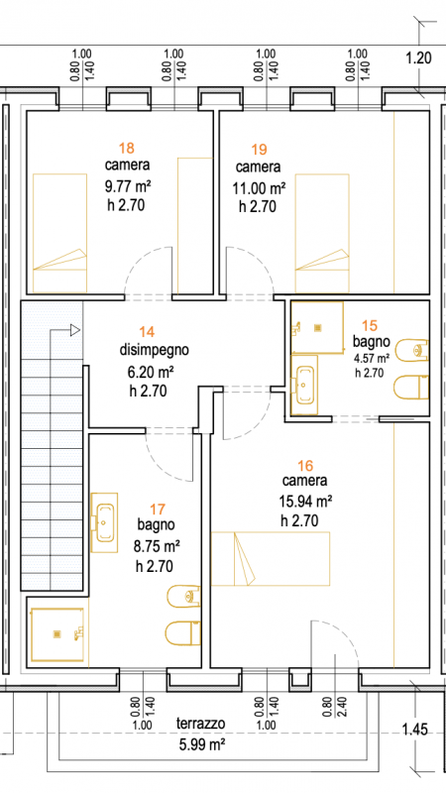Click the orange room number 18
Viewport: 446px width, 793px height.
(127, 148)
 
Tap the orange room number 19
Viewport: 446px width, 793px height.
(259, 150)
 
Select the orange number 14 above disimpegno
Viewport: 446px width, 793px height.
(147, 332)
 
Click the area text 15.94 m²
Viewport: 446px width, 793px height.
(305, 502)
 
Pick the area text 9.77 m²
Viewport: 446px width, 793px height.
(129, 187)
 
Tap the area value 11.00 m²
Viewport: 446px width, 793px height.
(259, 188)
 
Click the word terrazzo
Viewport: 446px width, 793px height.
(201, 724)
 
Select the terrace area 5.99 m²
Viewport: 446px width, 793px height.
(201, 744)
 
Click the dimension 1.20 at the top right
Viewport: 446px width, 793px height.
(419, 58)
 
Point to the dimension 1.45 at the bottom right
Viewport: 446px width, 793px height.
(415, 730)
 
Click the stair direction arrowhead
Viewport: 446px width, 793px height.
(75, 330)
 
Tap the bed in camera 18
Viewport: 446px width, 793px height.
(59, 233)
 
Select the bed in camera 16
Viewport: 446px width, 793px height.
(271, 558)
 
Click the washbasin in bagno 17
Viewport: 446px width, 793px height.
(105, 522)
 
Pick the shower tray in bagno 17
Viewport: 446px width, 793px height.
(57, 634)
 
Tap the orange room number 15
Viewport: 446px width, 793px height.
(370, 325)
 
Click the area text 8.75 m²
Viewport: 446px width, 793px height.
(159, 546)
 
